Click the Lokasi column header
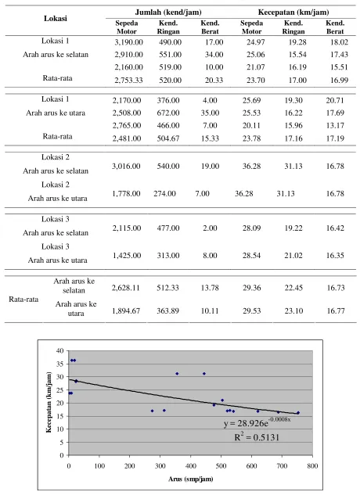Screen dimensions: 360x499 [x=56, y=19]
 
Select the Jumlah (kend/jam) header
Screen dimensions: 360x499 [x=168, y=13]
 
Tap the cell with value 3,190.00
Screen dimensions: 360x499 [x=128, y=42]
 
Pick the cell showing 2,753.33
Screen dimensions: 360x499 [x=128, y=81]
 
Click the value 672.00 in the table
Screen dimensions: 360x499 [x=168, y=113]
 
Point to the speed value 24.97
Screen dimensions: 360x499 [x=256, y=42]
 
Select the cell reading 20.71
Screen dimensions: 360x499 [x=335, y=100]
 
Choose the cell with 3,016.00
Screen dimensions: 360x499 [x=126, y=166]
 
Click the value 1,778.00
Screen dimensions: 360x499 [x=126, y=193]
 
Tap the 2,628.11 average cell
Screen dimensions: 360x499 [x=126, y=288]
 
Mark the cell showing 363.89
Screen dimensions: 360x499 [x=167, y=311]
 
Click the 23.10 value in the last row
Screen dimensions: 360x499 [x=293, y=311]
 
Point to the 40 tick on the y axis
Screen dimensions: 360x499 [x=60, y=350]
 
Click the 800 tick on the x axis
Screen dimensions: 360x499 [x=312, y=466]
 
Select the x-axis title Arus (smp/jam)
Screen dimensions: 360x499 [x=191, y=479]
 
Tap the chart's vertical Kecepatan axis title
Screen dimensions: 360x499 [x=49, y=402]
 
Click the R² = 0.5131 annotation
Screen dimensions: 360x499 [x=257, y=437]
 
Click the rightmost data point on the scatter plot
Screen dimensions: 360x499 [x=298, y=413]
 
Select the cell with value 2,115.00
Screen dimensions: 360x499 [x=126, y=228]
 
